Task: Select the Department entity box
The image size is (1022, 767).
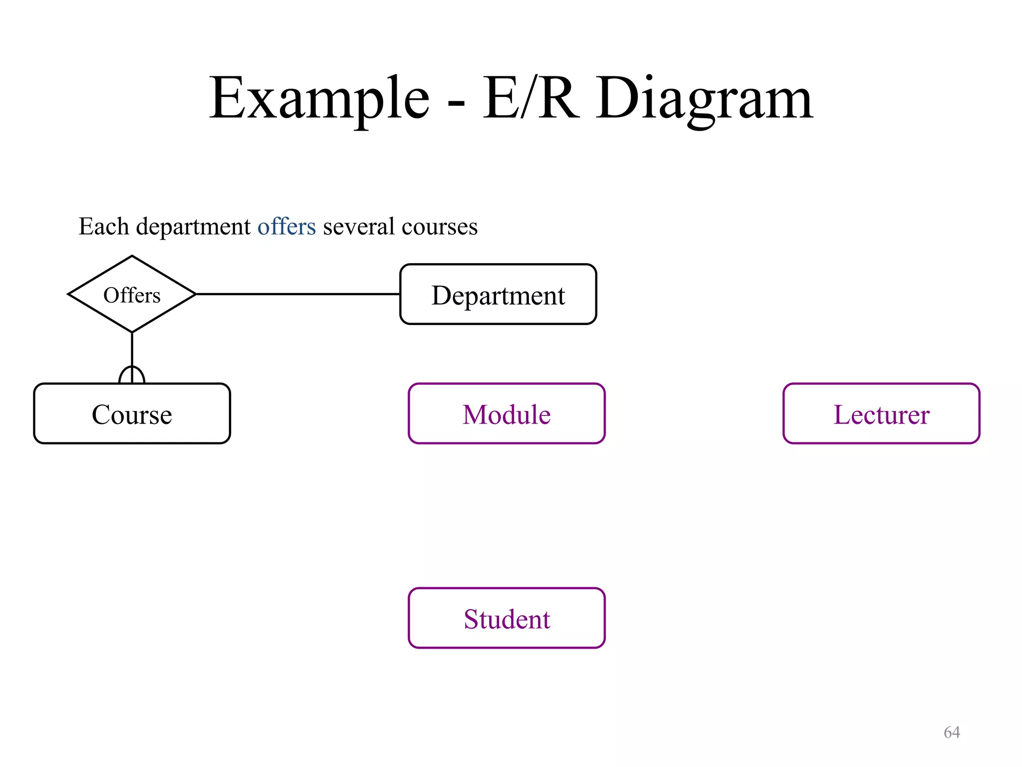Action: click(x=498, y=295)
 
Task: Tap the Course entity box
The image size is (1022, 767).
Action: click(x=132, y=414)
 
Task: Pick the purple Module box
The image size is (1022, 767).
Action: click(x=507, y=414)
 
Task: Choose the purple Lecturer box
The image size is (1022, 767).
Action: click(x=881, y=414)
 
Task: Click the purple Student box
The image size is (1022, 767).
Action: click(x=507, y=618)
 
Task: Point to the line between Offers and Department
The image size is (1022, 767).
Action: click(x=297, y=294)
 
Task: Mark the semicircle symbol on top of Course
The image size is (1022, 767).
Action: click(x=132, y=375)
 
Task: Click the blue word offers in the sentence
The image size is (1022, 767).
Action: click(x=286, y=226)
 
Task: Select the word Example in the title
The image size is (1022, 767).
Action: click(x=319, y=98)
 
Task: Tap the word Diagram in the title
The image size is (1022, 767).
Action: click(x=704, y=98)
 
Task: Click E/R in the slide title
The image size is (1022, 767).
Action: click(x=531, y=98)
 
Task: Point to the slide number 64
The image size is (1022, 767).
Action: click(x=952, y=732)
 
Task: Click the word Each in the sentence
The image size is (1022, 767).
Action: click(x=104, y=226)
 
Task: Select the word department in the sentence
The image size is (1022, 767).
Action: click(x=193, y=227)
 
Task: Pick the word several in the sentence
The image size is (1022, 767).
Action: click(x=359, y=226)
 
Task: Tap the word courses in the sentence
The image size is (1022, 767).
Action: click(x=439, y=226)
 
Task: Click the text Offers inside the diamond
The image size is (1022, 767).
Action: click(x=132, y=295)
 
